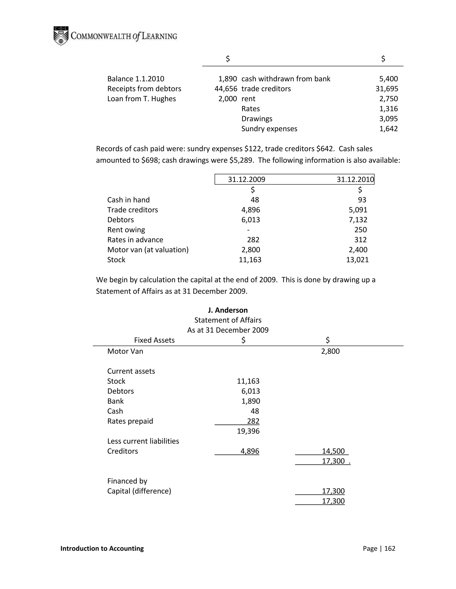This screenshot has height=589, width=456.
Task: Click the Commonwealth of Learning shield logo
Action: coord(61,36)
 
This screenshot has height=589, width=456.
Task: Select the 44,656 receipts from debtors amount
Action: coord(226,89)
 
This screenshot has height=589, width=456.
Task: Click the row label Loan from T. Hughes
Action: coord(141,99)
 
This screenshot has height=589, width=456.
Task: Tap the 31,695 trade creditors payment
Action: coord(387,89)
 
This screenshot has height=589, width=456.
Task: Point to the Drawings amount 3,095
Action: coord(389,119)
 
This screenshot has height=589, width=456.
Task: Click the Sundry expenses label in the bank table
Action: coord(269,129)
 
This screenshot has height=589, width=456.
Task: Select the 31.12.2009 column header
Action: coord(246,179)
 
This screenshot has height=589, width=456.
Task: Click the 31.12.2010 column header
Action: coord(355,179)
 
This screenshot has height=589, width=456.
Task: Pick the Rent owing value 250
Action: coord(360,230)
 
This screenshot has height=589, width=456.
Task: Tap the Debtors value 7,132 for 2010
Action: coord(358,220)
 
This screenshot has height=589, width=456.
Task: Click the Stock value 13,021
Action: coord(357,260)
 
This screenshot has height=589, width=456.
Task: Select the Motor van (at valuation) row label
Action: coord(148,250)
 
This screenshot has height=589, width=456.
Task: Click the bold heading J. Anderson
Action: coord(228,310)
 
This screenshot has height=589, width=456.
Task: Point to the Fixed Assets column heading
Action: coord(154,340)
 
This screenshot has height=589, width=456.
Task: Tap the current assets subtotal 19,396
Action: coord(248,431)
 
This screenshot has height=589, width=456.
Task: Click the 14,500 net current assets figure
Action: coord(333,451)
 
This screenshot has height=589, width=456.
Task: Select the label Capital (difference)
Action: coord(139,491)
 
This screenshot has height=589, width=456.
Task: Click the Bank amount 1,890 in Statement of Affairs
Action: coord(250,401)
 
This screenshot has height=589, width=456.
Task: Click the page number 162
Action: coord(390,548)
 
